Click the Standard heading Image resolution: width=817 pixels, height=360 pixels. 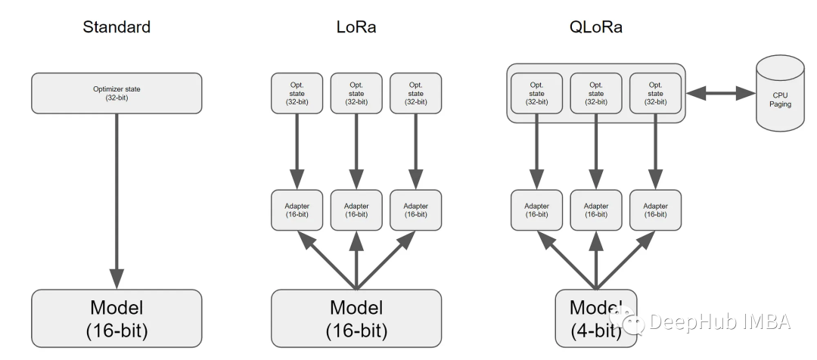(116, 27)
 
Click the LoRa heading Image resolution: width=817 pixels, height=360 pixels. (356, 27)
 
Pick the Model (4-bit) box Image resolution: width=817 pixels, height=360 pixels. (595, 318)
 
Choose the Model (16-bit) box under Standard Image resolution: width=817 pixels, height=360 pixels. (116, 318)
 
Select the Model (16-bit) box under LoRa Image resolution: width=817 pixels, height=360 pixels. (356, 318)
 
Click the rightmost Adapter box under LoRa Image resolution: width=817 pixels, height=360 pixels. (415, 210)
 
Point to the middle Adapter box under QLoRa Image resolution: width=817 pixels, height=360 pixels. (595, 210)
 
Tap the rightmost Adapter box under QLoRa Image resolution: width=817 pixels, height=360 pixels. (655, 210)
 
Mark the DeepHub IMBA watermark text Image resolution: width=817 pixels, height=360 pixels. (719, 321)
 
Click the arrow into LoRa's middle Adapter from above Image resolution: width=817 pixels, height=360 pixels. (356, 151)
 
